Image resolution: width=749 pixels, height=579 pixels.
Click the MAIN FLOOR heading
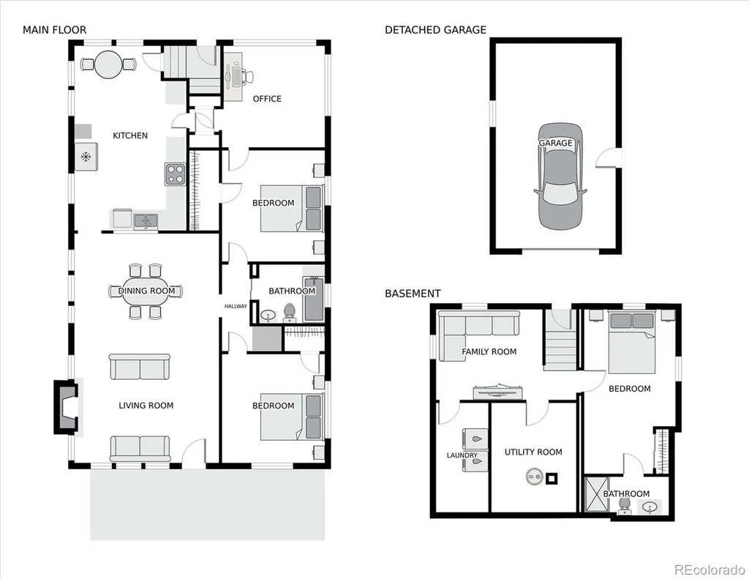(x=54, y=30)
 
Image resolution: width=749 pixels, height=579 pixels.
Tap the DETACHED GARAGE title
(x=435, y=30)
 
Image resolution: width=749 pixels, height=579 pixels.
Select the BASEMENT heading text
(x=413, y=294)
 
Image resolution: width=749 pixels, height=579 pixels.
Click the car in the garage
(x=560, y=176)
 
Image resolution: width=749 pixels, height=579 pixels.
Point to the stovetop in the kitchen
(x=175, y=174)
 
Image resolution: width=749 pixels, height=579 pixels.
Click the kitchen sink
(x=146, y=221)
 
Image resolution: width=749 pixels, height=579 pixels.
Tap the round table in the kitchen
(x=110, y=64)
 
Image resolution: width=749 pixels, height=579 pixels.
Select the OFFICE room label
(x=267, y=99)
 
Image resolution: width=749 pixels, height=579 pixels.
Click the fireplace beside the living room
(x=65, y=407)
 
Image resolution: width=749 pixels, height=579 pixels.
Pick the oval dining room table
(x=146, y=291)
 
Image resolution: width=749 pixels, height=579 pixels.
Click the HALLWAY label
(x=236, y=307)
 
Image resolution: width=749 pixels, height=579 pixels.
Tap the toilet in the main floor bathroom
(x=290, y=313)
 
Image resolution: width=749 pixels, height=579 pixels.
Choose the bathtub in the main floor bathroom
(x=314, y=299)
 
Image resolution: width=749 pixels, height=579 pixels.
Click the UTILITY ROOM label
(x=533, y=452)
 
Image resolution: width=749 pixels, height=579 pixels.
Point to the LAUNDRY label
(x=462, y=455)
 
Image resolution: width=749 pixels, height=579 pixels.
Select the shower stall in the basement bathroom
(x=597, y=494)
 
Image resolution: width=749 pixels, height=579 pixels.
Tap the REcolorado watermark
(x=710, y=570)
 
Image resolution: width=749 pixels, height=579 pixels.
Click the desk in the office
(x=233, y=76)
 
